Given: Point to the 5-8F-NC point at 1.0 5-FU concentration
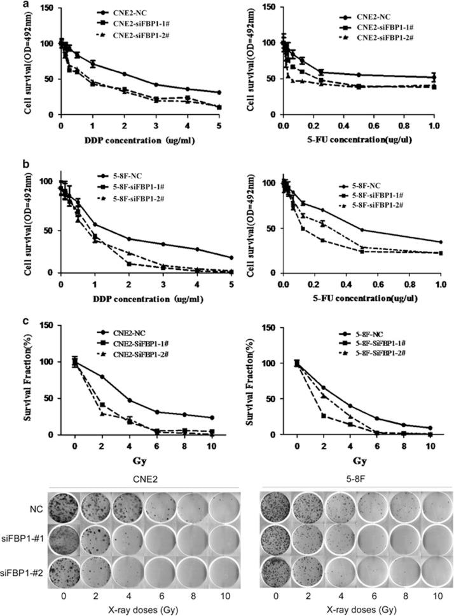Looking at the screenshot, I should [x=440, y=242].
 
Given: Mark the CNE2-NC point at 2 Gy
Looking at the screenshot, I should [x=102, y=377].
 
